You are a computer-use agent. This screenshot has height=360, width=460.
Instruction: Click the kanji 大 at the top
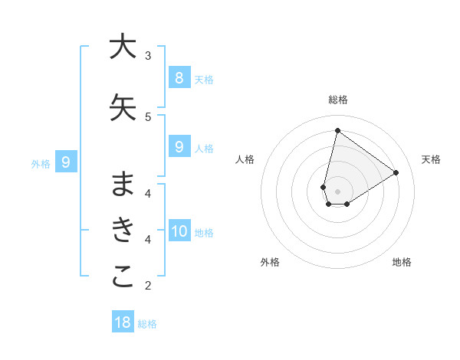click(x=122, y=47)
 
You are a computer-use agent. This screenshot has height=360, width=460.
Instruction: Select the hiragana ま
click(x=123, y=183)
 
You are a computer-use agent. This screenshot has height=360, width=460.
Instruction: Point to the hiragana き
click(x=123, y=229)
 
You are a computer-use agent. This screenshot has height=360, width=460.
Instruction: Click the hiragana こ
click(x=123, y=277)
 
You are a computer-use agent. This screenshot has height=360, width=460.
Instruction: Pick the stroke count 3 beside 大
click(x=148, y=55)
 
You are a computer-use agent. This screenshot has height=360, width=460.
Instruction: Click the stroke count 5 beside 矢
click(x=148, y=116)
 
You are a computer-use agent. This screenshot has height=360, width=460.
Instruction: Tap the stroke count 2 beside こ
click(x=148, y=286)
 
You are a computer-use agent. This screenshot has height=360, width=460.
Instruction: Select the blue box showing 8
click(x=179, y=77)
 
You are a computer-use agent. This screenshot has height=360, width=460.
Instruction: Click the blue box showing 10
click(x=179, y=231)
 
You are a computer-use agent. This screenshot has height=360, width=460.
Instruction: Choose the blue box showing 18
click(x=123, y=322)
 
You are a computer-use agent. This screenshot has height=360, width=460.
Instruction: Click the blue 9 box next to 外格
click(x=66, y=162)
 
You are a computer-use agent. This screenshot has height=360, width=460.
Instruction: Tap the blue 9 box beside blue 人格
click(x=179, y=146)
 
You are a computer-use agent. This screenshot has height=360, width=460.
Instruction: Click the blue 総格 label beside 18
click(x=147, y=324)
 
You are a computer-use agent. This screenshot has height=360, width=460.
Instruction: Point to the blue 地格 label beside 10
click(x=204, y=233)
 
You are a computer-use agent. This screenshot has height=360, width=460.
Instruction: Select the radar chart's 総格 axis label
click(x=337, y=100)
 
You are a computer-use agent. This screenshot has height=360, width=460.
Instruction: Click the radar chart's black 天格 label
click(x=431, y=159)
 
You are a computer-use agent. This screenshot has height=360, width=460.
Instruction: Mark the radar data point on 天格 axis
click(x=396, y=172)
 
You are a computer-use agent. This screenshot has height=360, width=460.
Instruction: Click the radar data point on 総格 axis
click(x=337, y=130)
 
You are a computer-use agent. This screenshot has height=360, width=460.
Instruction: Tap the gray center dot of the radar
click(x=337, y=191)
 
